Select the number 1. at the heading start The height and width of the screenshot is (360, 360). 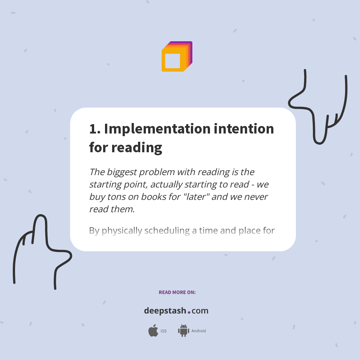click(94, 129)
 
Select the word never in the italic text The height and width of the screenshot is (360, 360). click(256, 196)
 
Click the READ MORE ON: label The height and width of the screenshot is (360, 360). click(177, 292)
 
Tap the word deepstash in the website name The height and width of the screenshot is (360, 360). click(165, 311)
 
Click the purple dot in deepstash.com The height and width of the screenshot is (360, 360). click(189, 312)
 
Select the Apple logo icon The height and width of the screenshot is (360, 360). click(153, 331)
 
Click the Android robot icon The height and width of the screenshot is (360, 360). click(183, 331)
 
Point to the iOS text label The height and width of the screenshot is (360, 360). click(163, 331)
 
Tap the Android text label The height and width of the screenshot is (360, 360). click(198, 331)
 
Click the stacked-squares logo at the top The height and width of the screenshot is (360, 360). click(177, 56)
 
